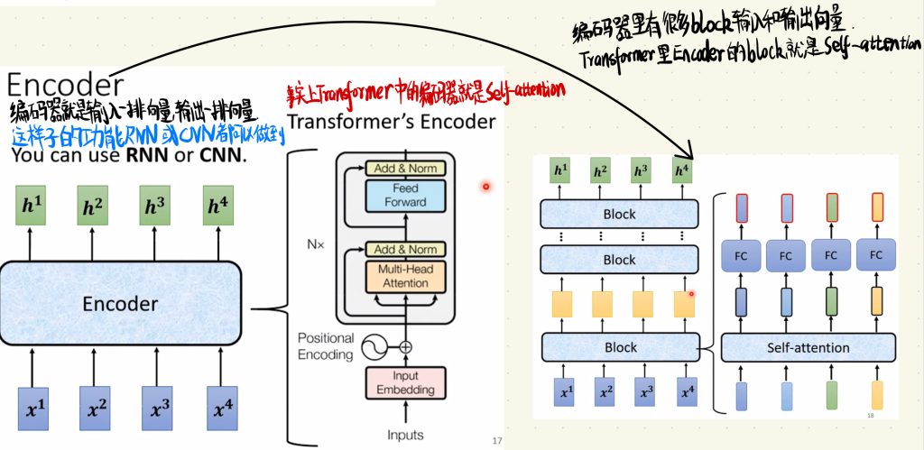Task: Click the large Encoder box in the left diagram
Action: [120, 304]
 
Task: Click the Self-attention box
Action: [808, 347]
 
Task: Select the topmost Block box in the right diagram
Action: [619, 215]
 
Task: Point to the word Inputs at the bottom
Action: [405, 436]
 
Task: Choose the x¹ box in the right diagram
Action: [567, 392]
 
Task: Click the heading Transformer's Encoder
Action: [391, 121]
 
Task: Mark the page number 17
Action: [496, 441]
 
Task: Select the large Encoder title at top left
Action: [64, 86]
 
